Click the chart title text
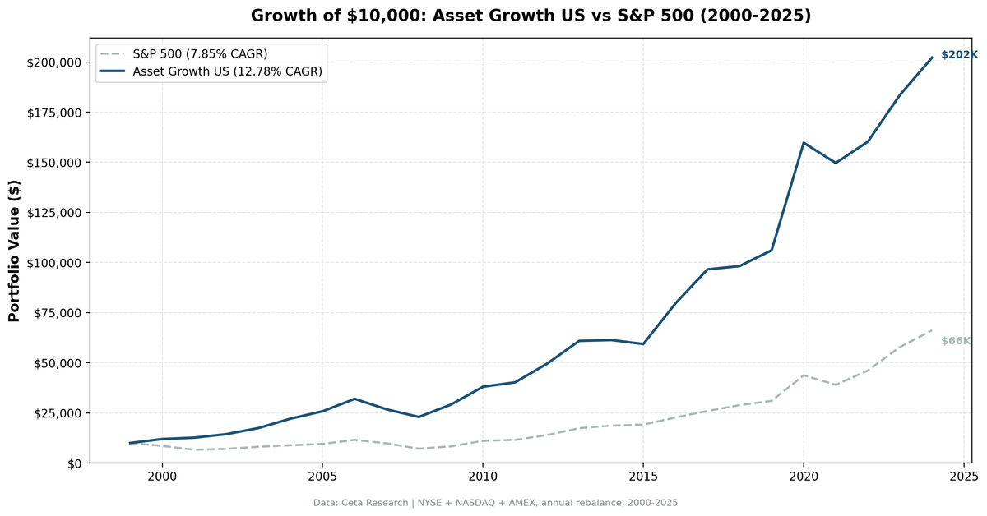(531, 16)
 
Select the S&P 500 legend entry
(200, 54)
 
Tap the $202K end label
(959, 55)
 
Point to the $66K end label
(956, 341)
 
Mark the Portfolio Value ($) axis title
(14, 250)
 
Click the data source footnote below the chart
(495, 503)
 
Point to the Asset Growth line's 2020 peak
(804, 143)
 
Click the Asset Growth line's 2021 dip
(836, 163)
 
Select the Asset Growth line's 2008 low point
(419, 417)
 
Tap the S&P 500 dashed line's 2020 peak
(804, 375)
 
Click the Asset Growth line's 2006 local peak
(354, 399)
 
